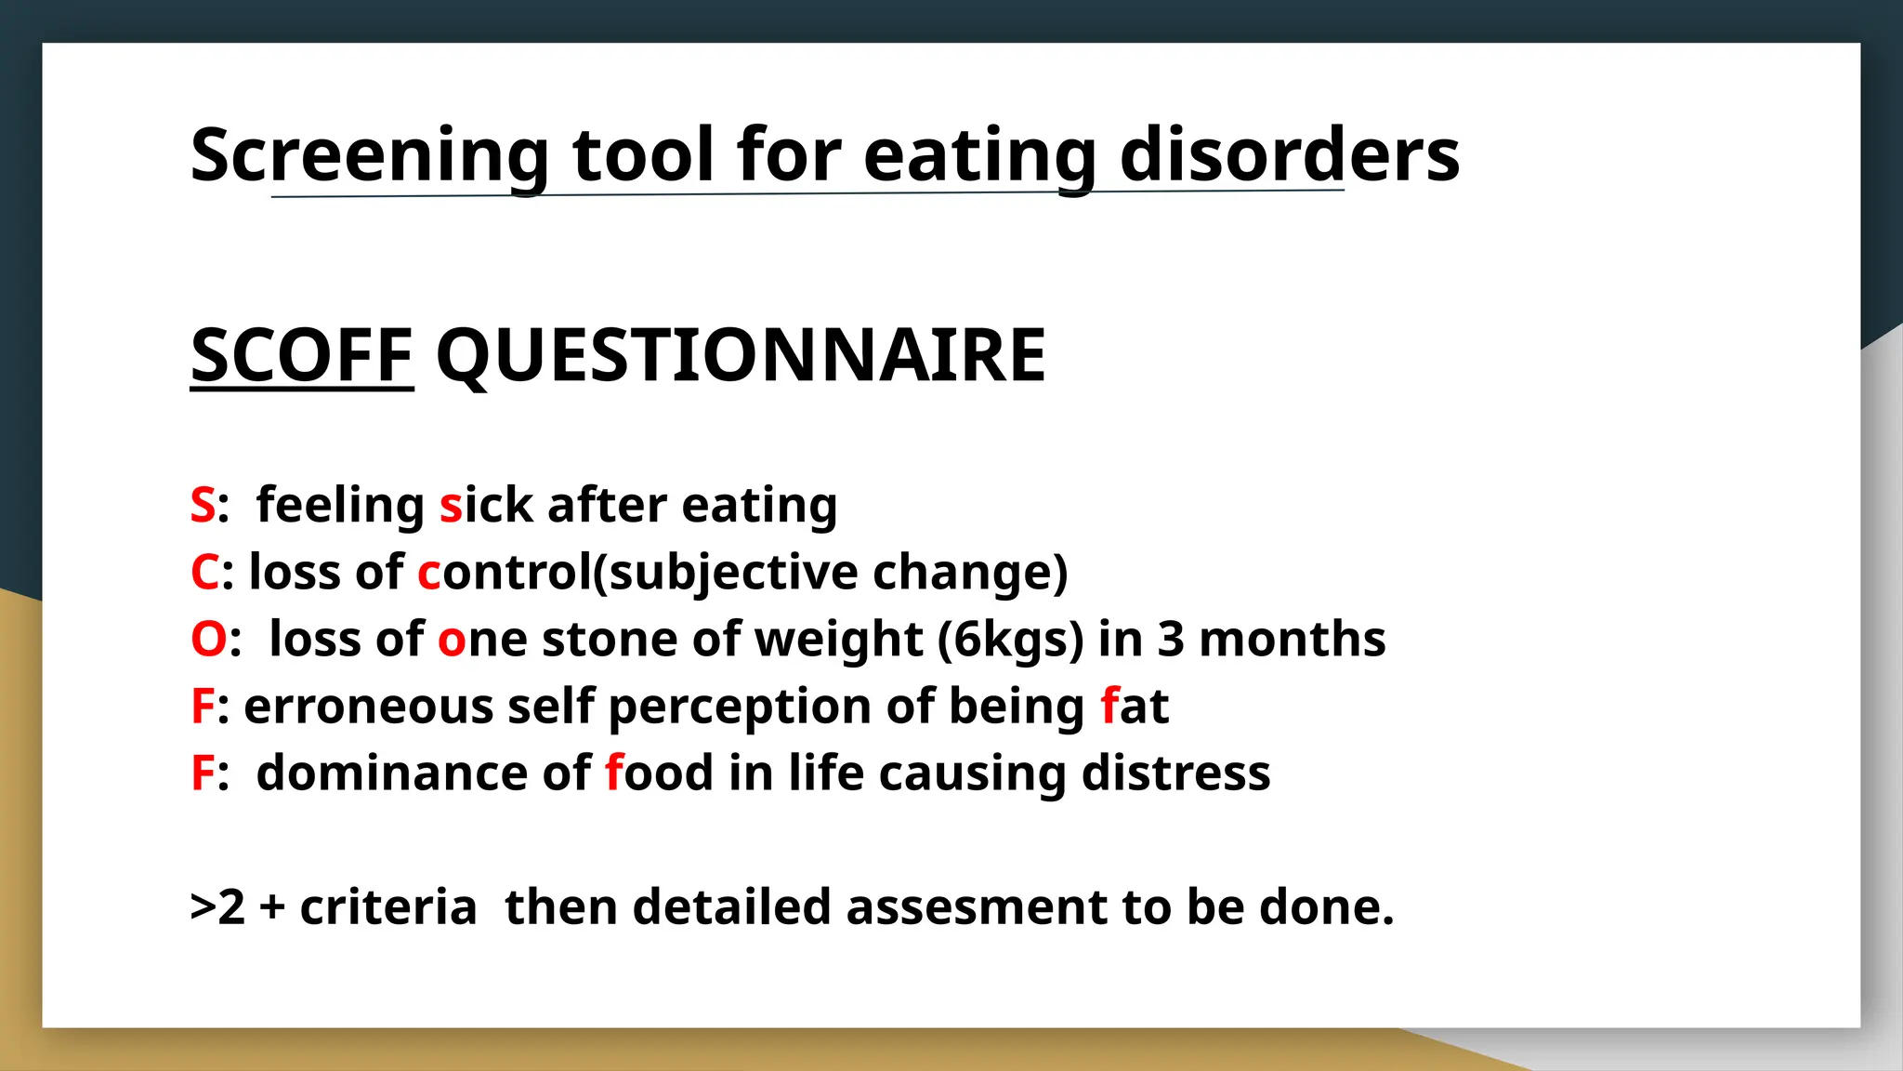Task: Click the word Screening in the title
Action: tap(370, 155)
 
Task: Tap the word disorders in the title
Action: tap(1290, 155)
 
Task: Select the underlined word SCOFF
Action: tap(301, 355)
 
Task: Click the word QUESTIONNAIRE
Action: tap(741, 355)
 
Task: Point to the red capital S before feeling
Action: tap(203, 506)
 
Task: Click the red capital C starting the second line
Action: tap(204, 573)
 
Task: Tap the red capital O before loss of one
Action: tap(208, 640)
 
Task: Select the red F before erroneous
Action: tap(202, 707)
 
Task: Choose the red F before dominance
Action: tap(202, 773)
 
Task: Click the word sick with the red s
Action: tap(486, 506)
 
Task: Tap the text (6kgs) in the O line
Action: tap(1010, 640)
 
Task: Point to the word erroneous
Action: tap(368, 707)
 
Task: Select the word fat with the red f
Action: tap(1134, 707)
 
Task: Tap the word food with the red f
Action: tap(659, 773)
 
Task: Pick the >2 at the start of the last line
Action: tap(217, 907)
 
